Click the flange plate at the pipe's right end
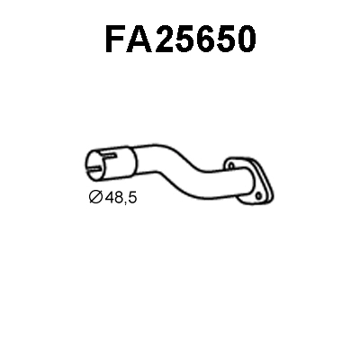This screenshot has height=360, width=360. pos(251,176)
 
